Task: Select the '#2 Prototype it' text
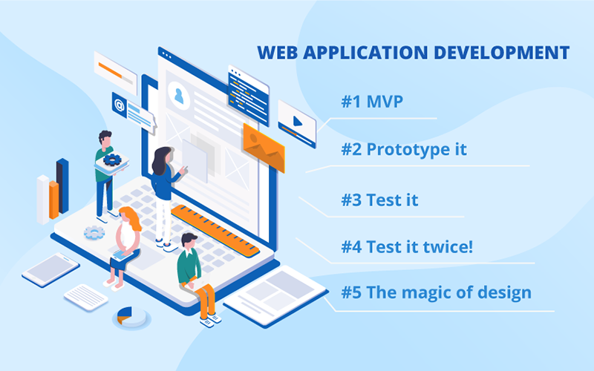pyautogui.click(x=404, y=148)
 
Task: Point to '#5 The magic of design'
pyautogui.click(x=436, y=292)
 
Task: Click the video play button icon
pyautogui.click(x=297, y=120)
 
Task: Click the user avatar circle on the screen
pyautogui.click(x=178, y=95)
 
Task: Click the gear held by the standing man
pyautogui.click(x=113, y=158)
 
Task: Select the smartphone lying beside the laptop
pyautogui.click(x=50, y=269)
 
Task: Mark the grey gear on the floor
pyautogui.click(x=94, y=233)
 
